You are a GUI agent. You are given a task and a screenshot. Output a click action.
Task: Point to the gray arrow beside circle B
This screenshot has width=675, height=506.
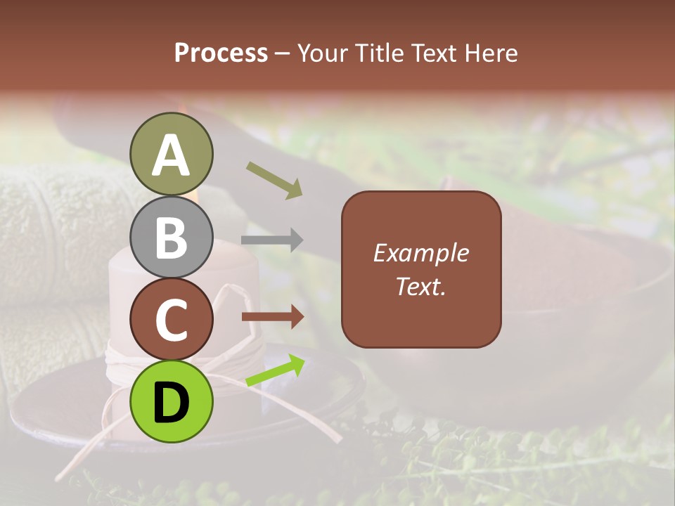pyautogui.click(x=272, y=240)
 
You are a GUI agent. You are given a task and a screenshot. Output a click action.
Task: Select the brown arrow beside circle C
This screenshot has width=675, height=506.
pyautogui.click(x=273, y=317)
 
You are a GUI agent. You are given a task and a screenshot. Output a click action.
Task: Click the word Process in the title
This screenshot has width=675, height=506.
pyautogui.click(x=221, y=53)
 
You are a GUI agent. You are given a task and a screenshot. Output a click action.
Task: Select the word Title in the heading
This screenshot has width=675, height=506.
pyautogui.click(x=380, y=53)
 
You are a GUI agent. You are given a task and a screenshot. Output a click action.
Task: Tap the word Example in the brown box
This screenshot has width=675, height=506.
pyautogui.click(x=420, y=253)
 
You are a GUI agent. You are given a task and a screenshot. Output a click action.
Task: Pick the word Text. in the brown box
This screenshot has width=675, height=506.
pyautogui.click(x=420, y=286)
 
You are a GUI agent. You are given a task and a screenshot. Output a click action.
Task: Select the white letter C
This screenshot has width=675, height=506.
pyautogui.click(x=172, y=320)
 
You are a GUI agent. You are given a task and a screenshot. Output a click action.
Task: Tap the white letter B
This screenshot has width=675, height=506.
pyautogui.click(x=172, y=238)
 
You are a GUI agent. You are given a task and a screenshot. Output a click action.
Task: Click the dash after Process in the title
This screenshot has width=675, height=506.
pyautogui.click(x=283, y=53)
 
